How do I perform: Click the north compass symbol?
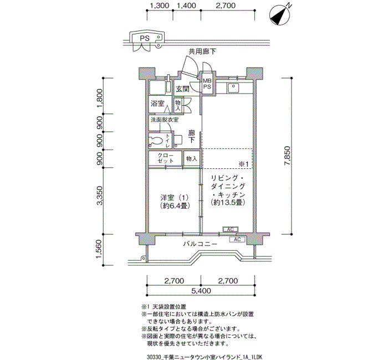point(280,14)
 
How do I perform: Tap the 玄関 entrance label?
point(182,89)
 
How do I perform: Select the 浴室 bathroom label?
point(157,103)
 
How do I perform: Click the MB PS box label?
point(207,83)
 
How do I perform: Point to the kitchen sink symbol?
point(233,88)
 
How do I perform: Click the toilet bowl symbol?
point(155,141)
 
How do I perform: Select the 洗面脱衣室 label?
point(165,120)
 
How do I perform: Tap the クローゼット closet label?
point(166,158)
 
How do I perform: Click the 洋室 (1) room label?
point(174,198)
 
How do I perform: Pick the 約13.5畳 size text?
point(228,203)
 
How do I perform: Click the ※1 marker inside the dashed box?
point(243,164)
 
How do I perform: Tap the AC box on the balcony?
point(237,239)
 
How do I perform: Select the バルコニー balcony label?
point(200,244)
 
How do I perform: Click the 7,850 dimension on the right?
point(288,156)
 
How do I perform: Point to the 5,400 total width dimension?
point(201,291)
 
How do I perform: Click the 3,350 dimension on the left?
point(99,196)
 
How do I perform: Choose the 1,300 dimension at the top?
point(160,6)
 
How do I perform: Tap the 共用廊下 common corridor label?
point(202,52)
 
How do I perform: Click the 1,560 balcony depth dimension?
point(99,249)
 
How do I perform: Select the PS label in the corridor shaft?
point(145,38)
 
